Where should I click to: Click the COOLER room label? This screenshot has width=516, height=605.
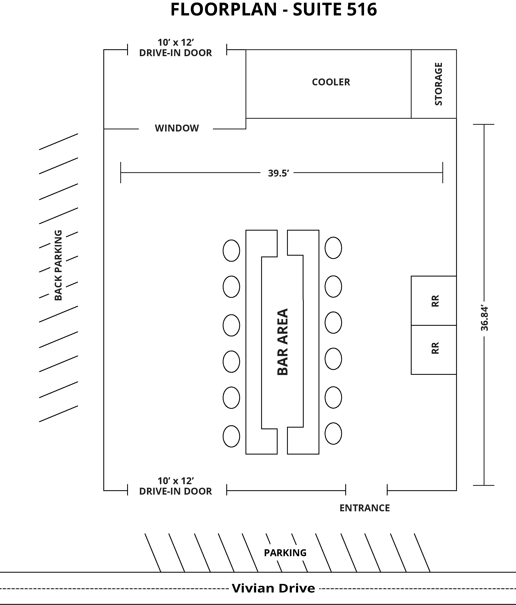coord(331,82)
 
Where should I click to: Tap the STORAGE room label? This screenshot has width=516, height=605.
coord(439,84)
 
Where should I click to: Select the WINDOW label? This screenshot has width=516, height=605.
coord(177,128)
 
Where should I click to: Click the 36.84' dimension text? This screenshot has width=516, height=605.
coord(484,318)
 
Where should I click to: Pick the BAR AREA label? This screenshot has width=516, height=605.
coord(283,342)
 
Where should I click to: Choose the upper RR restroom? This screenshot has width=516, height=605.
coord(434,301)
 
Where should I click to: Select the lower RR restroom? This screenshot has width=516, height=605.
coord(434,350)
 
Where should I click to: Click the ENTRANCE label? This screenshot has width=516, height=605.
coord(364,508)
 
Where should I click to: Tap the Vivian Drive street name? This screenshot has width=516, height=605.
coord(273,588)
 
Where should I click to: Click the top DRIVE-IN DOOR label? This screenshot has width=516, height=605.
coord(176,53)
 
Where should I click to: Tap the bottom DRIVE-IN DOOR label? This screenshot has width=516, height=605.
coord(176,491)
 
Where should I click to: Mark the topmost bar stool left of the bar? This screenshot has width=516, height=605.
coord(231,250)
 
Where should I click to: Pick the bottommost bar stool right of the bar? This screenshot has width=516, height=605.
coord(333,434)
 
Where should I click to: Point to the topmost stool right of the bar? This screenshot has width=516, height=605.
coord(333,248)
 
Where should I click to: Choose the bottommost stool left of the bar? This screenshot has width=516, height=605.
coord(231,436)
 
